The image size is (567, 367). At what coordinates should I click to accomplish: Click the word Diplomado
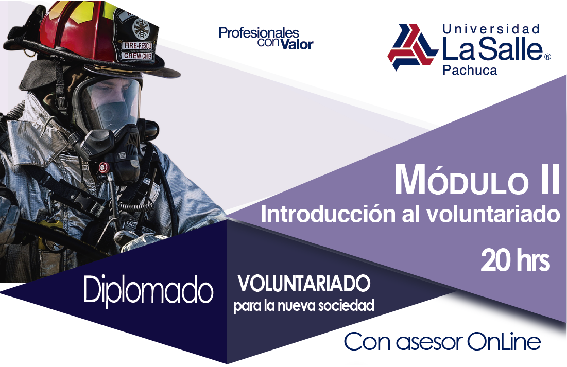coord(148,289)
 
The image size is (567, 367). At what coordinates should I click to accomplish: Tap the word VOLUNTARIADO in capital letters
coord(304,284)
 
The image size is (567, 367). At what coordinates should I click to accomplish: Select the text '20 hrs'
coord(516,260)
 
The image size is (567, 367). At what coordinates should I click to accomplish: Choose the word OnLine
coord(504,341)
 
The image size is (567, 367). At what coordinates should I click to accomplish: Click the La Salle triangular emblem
coord(412,47)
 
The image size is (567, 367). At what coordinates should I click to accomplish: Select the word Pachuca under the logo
coord(470,70)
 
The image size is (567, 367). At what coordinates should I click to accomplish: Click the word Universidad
coord(491,29)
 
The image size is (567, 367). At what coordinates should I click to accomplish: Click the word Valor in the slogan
coord(297,44)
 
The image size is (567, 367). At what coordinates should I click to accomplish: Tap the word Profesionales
coord(259,33)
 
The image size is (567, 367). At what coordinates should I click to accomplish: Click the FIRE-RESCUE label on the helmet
coord(138,46)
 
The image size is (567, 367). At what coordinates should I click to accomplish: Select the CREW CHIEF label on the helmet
coord(138,56)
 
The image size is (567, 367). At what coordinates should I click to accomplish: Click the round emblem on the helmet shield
coord(141,28)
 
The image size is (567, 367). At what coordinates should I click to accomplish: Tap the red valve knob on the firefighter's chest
coord(104,167)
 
